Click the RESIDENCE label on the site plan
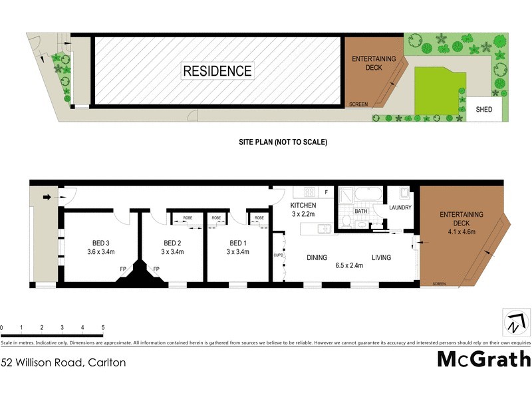[217, 71]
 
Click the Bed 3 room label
[101, 243]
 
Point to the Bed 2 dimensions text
[172, 252]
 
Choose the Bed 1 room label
[237, 243]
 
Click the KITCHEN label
[303, 205]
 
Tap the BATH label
[360, 211]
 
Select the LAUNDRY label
[400, 207]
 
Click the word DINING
[319, 257]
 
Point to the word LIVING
[381, 257]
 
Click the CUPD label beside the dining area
[279, 255]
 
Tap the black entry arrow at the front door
[48, 197]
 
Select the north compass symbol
[513, 323]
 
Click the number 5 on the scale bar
[102, 328]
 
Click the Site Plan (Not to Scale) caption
[283, 142]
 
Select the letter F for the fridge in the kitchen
[326, 192]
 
